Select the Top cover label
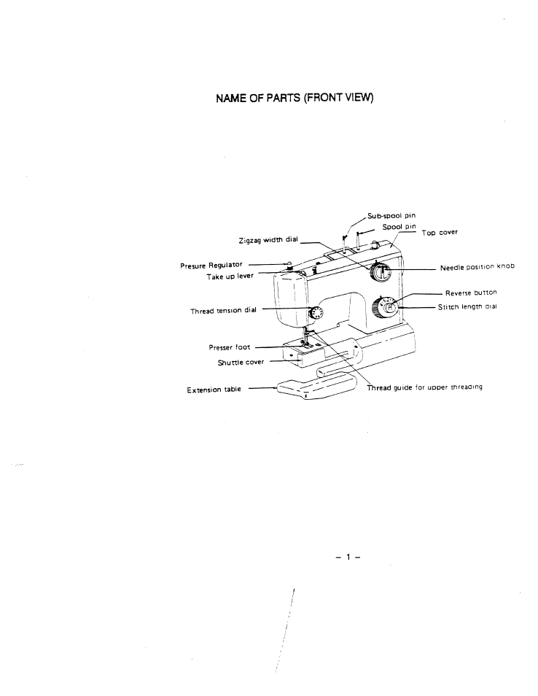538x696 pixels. [x=440, y=233]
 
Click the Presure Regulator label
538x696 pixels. [x=211, y=266]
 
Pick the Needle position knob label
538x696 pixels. [x=477, y=267]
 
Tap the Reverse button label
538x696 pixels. [x=471, y=293]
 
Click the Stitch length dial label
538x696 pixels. [x=467, y=307]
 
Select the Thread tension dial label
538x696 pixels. [x=224, y=311]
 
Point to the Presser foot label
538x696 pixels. [x=230, y=347]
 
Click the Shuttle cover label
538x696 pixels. [x=241, y=361]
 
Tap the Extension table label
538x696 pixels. [x=214, y=390]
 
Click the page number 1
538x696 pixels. [x=348, y=558]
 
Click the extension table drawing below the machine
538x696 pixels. [x=315, y=387]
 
